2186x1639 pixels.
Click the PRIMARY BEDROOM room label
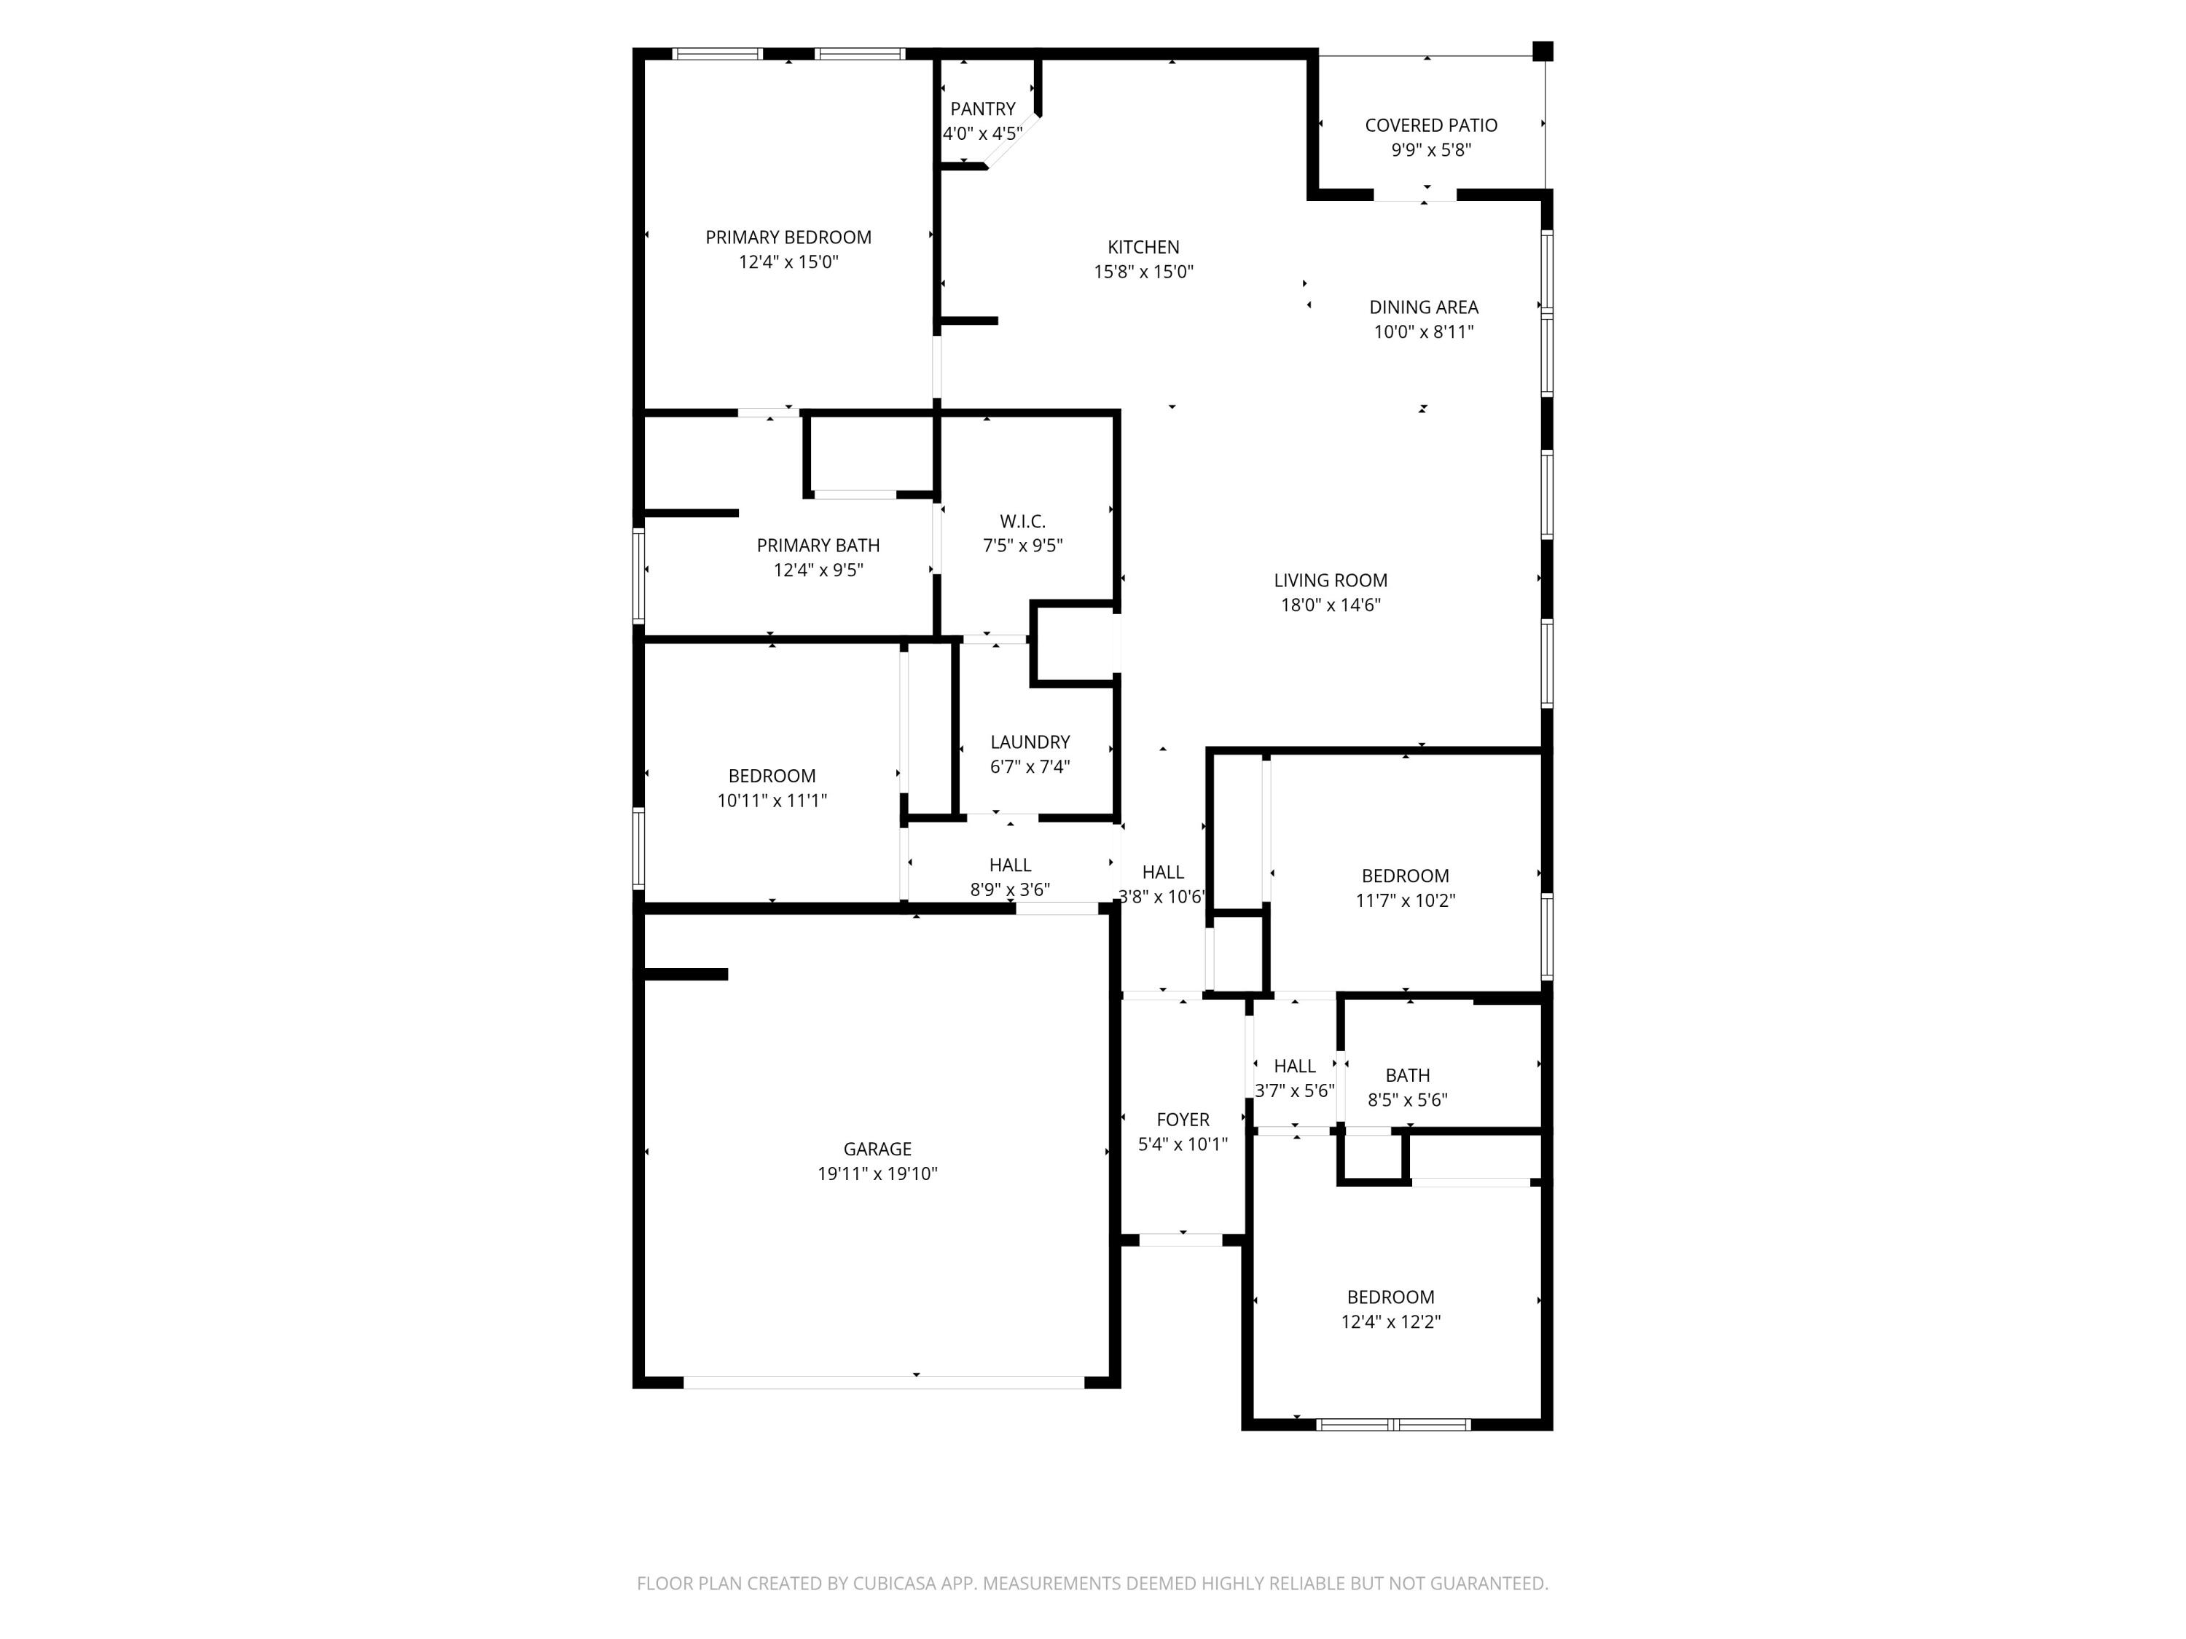tap(788, 237)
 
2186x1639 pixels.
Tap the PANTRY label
tap(982, 109)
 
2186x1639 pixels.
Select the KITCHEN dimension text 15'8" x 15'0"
tap(1143, 272)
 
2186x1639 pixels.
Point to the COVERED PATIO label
tap(1431, 125)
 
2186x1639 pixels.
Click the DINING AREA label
tap(1423, 307)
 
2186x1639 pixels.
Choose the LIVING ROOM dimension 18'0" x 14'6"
tap(1330, 605)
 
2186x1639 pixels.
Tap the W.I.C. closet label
tap(1022, 521)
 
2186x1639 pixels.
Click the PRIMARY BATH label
tap(818, 546)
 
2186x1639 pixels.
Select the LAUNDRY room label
tap(1030, 742)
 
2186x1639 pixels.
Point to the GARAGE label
tap(877, 1149)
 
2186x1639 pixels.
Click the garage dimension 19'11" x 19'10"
tap(877, 1174)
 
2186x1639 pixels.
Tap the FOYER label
tap(1183, 1120)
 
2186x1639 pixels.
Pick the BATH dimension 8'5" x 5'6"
tap(1407, 1099)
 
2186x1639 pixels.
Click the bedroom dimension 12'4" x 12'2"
tap(1390, 1322)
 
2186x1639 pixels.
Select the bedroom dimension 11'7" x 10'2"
tap(1406, 900)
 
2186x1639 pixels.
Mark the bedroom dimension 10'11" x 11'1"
tap(772, 801)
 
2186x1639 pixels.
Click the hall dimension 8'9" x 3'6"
tap(1010, 889)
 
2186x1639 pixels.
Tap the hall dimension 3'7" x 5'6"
tap(1295, 1090)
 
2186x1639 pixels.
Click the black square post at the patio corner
tap(1543, 52)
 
